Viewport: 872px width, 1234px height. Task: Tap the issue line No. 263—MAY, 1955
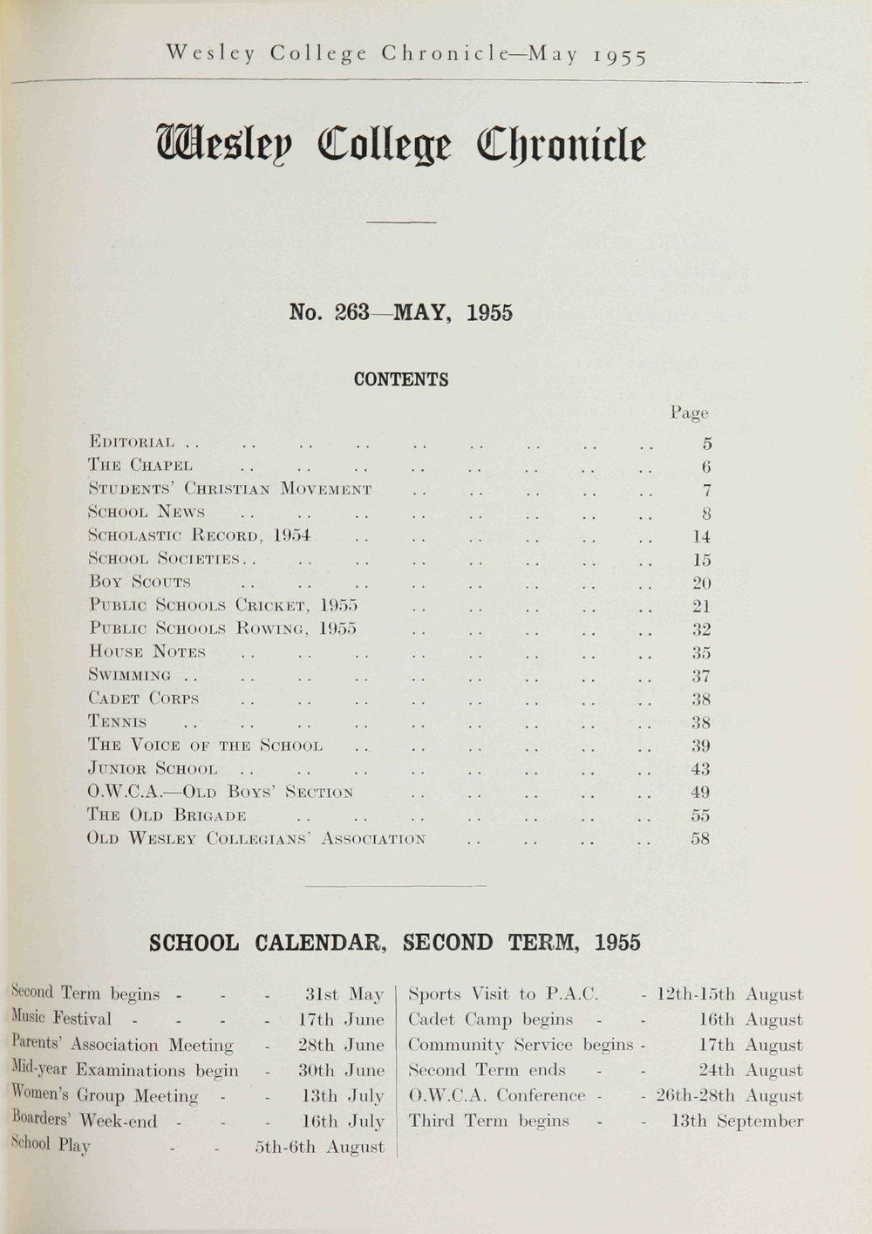(x=400, y=313)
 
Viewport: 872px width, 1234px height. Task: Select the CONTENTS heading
(x=401, y=380)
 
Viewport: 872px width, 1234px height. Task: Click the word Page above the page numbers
(x=689, y=412)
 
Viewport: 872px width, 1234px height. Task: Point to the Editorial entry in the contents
(x=132, y=443)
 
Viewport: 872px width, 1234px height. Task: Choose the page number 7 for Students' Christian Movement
(x=706, y=490)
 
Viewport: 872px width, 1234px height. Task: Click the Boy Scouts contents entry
(x=140, y=583)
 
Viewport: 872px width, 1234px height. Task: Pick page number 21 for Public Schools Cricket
(x=701, y=606)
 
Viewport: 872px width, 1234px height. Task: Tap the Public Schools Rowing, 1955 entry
(x=223, y=629)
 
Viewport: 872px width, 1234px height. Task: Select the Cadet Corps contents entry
(x=144, y=699)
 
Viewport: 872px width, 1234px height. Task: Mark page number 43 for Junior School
(x=700, y=769)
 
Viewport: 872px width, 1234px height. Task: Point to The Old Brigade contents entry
(x=167, y=815)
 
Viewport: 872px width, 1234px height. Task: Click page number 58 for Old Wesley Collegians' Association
(x=700, y=839)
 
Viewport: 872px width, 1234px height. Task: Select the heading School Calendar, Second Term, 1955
(x=395, y=943)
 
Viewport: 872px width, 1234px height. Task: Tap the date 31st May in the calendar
(x=345, y=994)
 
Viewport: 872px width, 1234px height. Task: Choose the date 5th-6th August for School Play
(x=320, y=1147)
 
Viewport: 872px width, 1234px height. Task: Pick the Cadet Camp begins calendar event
(x=491, y=1019)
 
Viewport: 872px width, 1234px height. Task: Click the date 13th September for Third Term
(x=737, y=1122)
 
